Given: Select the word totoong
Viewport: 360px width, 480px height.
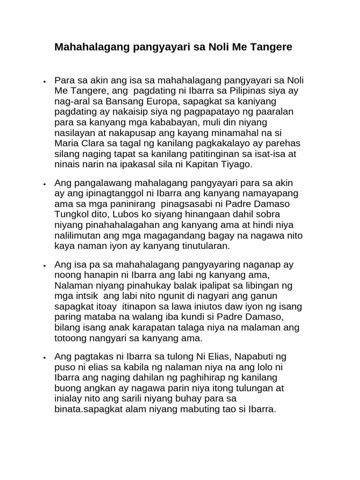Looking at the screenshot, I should click(72, 337).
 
